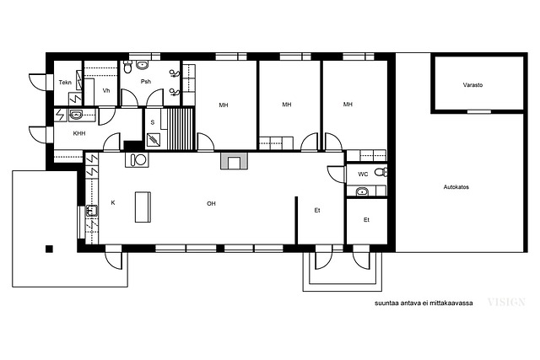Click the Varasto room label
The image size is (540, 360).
coord(472,84)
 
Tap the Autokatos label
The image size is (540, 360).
coord(456,187)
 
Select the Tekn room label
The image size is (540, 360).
coord(65,83)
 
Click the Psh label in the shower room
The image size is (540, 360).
coord(146,82)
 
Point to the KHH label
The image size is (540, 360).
coord(79,133)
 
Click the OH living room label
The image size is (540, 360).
coord(211,204)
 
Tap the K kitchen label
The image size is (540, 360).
coord(113,202)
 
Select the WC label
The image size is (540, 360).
coord(363,175)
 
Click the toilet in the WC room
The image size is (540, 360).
coord(381,171)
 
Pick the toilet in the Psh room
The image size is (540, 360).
coord(127,67)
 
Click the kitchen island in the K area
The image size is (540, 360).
coord(143,207)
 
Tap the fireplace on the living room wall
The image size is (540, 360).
coord(234,160)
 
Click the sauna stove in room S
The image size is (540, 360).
coord(154,140)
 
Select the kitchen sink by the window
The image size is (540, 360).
coord(91,211)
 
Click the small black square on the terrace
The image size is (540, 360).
coord(49,249)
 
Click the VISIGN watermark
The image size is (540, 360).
coord(506,302)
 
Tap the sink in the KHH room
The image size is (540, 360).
coord(75,115)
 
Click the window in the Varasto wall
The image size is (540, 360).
coord(478,111)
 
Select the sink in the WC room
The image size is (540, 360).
coord(362,191)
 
